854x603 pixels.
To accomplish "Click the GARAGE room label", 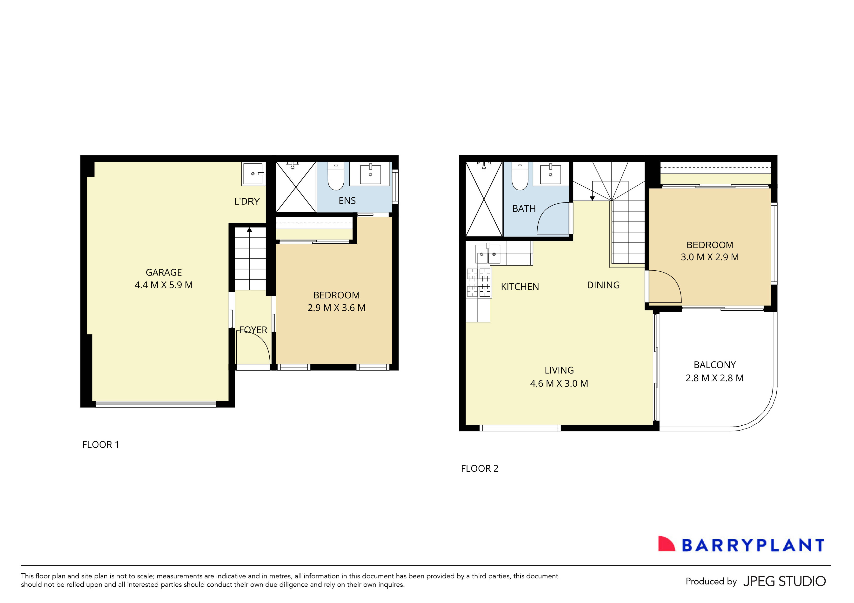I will coord(164,272).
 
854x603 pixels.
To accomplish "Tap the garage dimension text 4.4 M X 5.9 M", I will coord(164,285).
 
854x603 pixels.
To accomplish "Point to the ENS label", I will coord(347,201).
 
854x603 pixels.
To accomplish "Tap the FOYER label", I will coord(253,330).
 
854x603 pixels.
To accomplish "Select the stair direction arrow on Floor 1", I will coord(250,230).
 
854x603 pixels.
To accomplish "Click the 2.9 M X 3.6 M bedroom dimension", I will coord(336,308).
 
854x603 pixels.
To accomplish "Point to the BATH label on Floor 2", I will coord(524,209).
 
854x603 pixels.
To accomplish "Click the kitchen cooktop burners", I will coord(479,283).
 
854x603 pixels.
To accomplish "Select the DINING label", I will coord(603,285).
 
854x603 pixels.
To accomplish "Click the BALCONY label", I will coord(714,365).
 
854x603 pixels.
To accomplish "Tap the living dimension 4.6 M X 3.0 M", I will coord(559,383).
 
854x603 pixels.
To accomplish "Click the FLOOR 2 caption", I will coord(480,469).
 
